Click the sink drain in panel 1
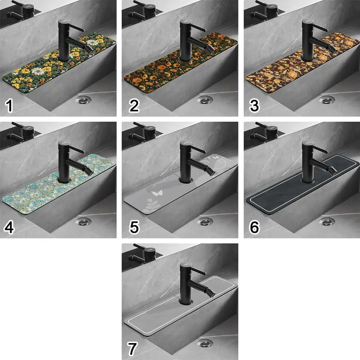[x=84, y=100]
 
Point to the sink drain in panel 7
[x=206, y=343]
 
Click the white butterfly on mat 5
[x=157, y=193]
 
